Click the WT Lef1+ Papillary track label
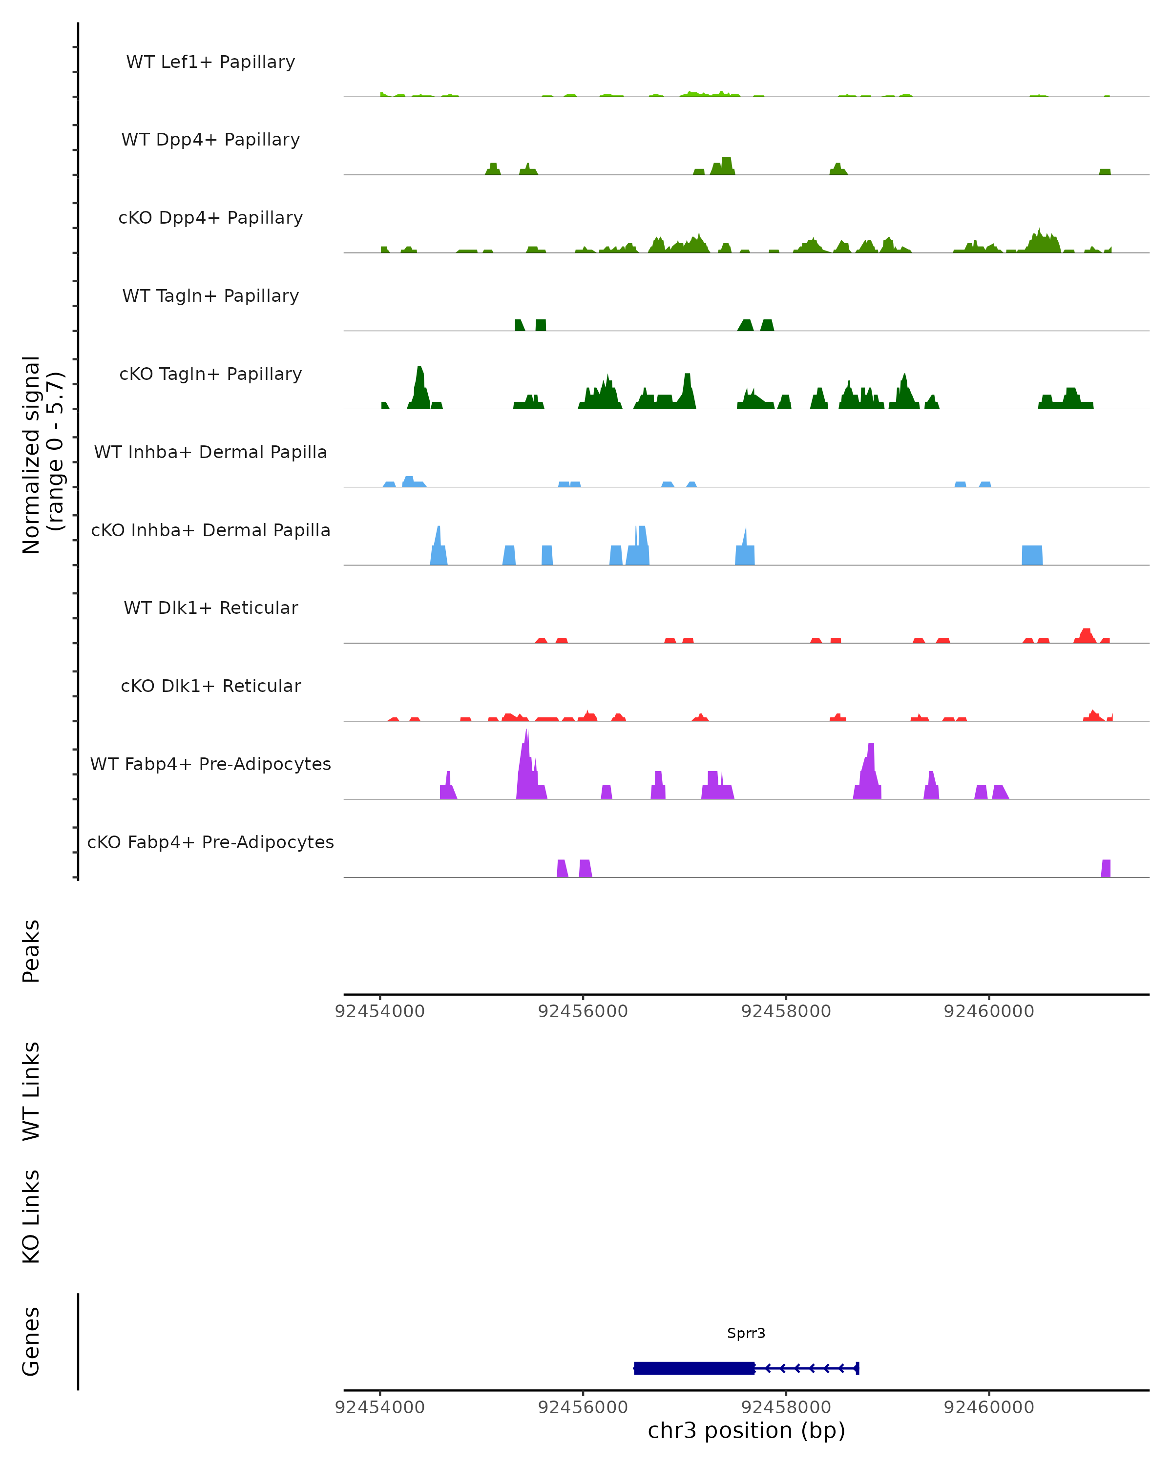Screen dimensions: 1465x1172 (210, 62)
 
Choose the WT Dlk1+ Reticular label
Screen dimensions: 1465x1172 (210, 607)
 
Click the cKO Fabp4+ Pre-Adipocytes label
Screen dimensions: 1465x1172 (210, 842)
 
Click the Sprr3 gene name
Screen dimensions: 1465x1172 (746, 1333)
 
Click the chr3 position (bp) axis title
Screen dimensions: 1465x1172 (746, 1430)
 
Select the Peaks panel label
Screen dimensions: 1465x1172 (31, 951)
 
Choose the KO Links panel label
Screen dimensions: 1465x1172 (31, 1216)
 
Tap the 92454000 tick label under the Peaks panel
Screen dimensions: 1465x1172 (380, 1011)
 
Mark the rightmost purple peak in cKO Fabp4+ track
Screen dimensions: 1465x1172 (1106, 868)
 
